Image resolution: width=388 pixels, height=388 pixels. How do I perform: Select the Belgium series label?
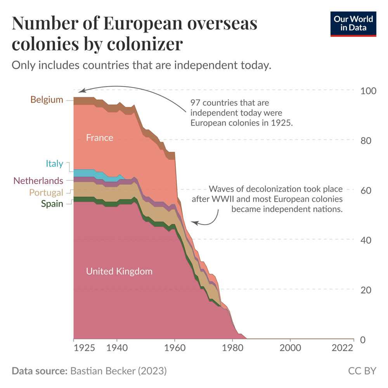47,100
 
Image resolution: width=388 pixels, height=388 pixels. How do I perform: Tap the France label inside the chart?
99,138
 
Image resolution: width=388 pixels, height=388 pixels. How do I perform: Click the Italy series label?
54,164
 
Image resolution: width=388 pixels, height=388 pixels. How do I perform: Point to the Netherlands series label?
38,181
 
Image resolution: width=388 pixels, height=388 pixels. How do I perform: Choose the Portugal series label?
46,193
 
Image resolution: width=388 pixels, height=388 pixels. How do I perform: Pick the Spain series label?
52,204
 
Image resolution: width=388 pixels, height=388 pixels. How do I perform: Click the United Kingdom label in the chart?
119,271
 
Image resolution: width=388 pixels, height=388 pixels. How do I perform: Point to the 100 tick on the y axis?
368,91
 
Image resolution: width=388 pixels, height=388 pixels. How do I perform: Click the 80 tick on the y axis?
368,140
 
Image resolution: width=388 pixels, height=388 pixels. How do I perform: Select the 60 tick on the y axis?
368,191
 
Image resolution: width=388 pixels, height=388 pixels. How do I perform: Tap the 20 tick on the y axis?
368,290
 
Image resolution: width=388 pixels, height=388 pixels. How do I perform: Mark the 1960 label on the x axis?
175,348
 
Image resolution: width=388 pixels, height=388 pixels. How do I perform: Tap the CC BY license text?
362,371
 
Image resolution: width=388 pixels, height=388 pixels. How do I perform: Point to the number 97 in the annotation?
195,103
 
